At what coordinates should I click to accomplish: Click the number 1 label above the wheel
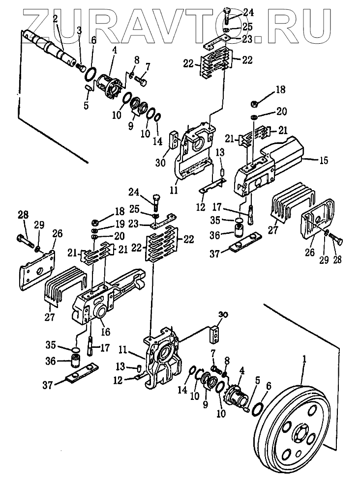tap(304, 360)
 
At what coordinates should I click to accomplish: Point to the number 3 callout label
tap(79, 30)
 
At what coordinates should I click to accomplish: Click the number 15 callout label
tap(324, 160)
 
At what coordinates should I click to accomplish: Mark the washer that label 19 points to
tap(95, 230)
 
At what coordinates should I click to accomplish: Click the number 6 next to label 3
tap(93, 40)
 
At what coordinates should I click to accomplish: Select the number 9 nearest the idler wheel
tap(205, 404)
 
